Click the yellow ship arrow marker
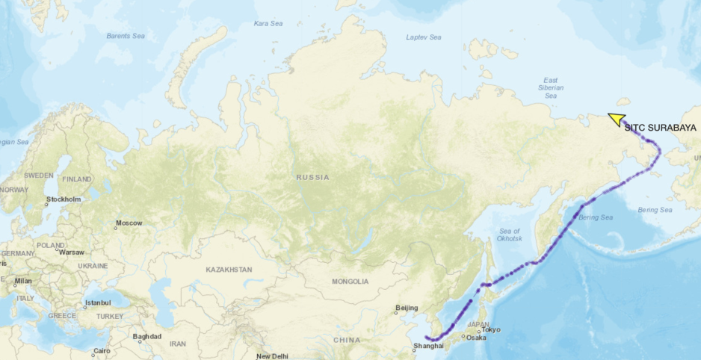pos(617,120)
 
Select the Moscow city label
pos(129,223)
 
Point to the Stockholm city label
pos(63,199)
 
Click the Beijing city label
pos(406,308)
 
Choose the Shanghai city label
pos(428,345)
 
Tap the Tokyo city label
pos(491,329)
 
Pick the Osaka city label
pos(476,337)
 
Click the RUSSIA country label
pos(312,177)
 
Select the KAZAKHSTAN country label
pos(229,269)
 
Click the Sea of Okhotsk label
pos(509,235)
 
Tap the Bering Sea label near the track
pos(596,217)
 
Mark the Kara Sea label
pos(268,23)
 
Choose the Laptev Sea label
pos(424,37)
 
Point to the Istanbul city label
pos(97,302)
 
